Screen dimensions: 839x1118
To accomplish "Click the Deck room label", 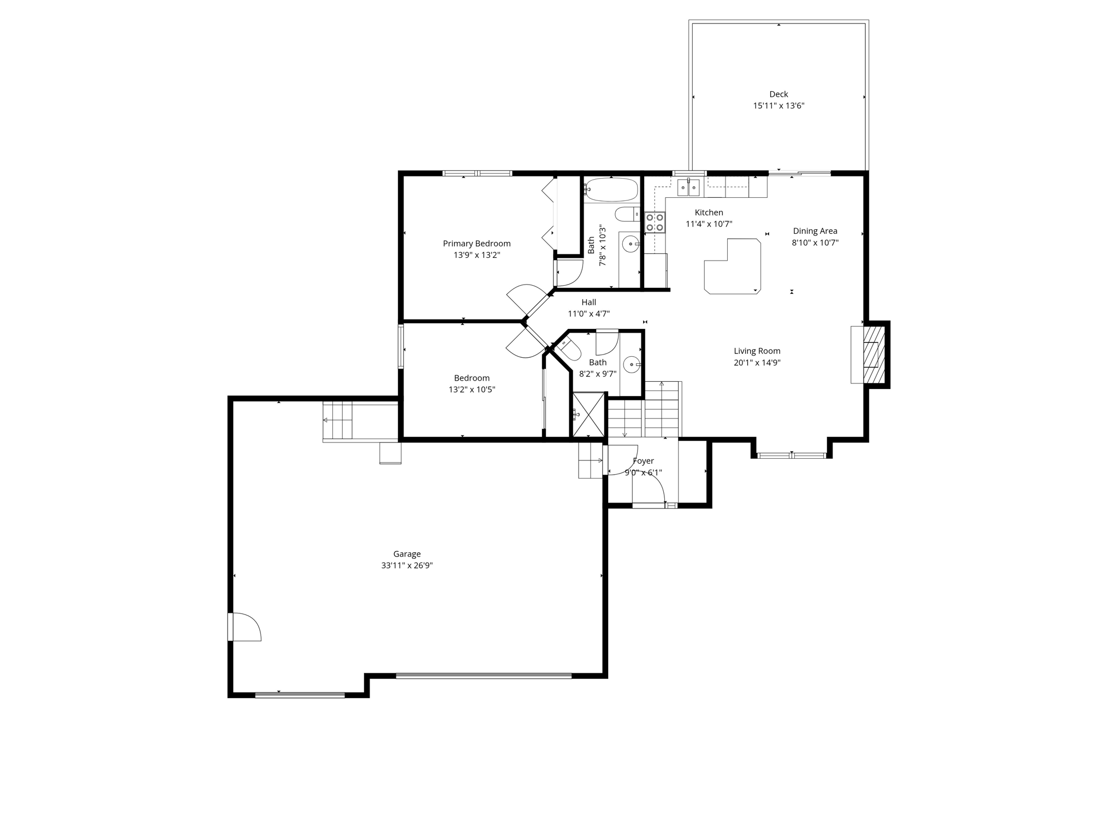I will tap(778, 94).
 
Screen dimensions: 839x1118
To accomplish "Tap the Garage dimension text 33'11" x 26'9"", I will tap(407, 565).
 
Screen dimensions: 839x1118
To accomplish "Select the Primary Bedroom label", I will tap(477, 244).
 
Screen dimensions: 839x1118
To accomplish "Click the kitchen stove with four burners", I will tap(655, 222).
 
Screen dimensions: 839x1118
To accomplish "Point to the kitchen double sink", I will tap(688, 188).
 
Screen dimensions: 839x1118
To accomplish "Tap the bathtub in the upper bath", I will tap(611, 190).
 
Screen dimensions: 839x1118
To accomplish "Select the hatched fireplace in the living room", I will tap(873, 354).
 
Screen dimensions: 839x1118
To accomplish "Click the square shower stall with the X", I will tap(588, 415).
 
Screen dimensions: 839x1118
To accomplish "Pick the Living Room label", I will tap(757, 351).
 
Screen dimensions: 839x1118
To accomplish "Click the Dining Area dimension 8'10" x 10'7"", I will tap(815, 243).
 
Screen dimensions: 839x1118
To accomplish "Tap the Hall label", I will tap(588, 302).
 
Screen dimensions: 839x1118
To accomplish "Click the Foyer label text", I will tap(643, 461).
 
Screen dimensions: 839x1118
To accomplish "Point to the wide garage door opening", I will tap(483, 676).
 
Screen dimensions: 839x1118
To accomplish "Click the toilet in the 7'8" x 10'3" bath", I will tap(627, 214).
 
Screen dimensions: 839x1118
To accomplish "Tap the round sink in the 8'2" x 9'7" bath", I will tap(632, 363).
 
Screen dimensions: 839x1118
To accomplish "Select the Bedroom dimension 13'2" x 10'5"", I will tap(472, 389).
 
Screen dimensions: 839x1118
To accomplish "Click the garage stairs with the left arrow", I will tap(337, 420).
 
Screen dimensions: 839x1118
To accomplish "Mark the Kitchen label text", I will tap(709, 212).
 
